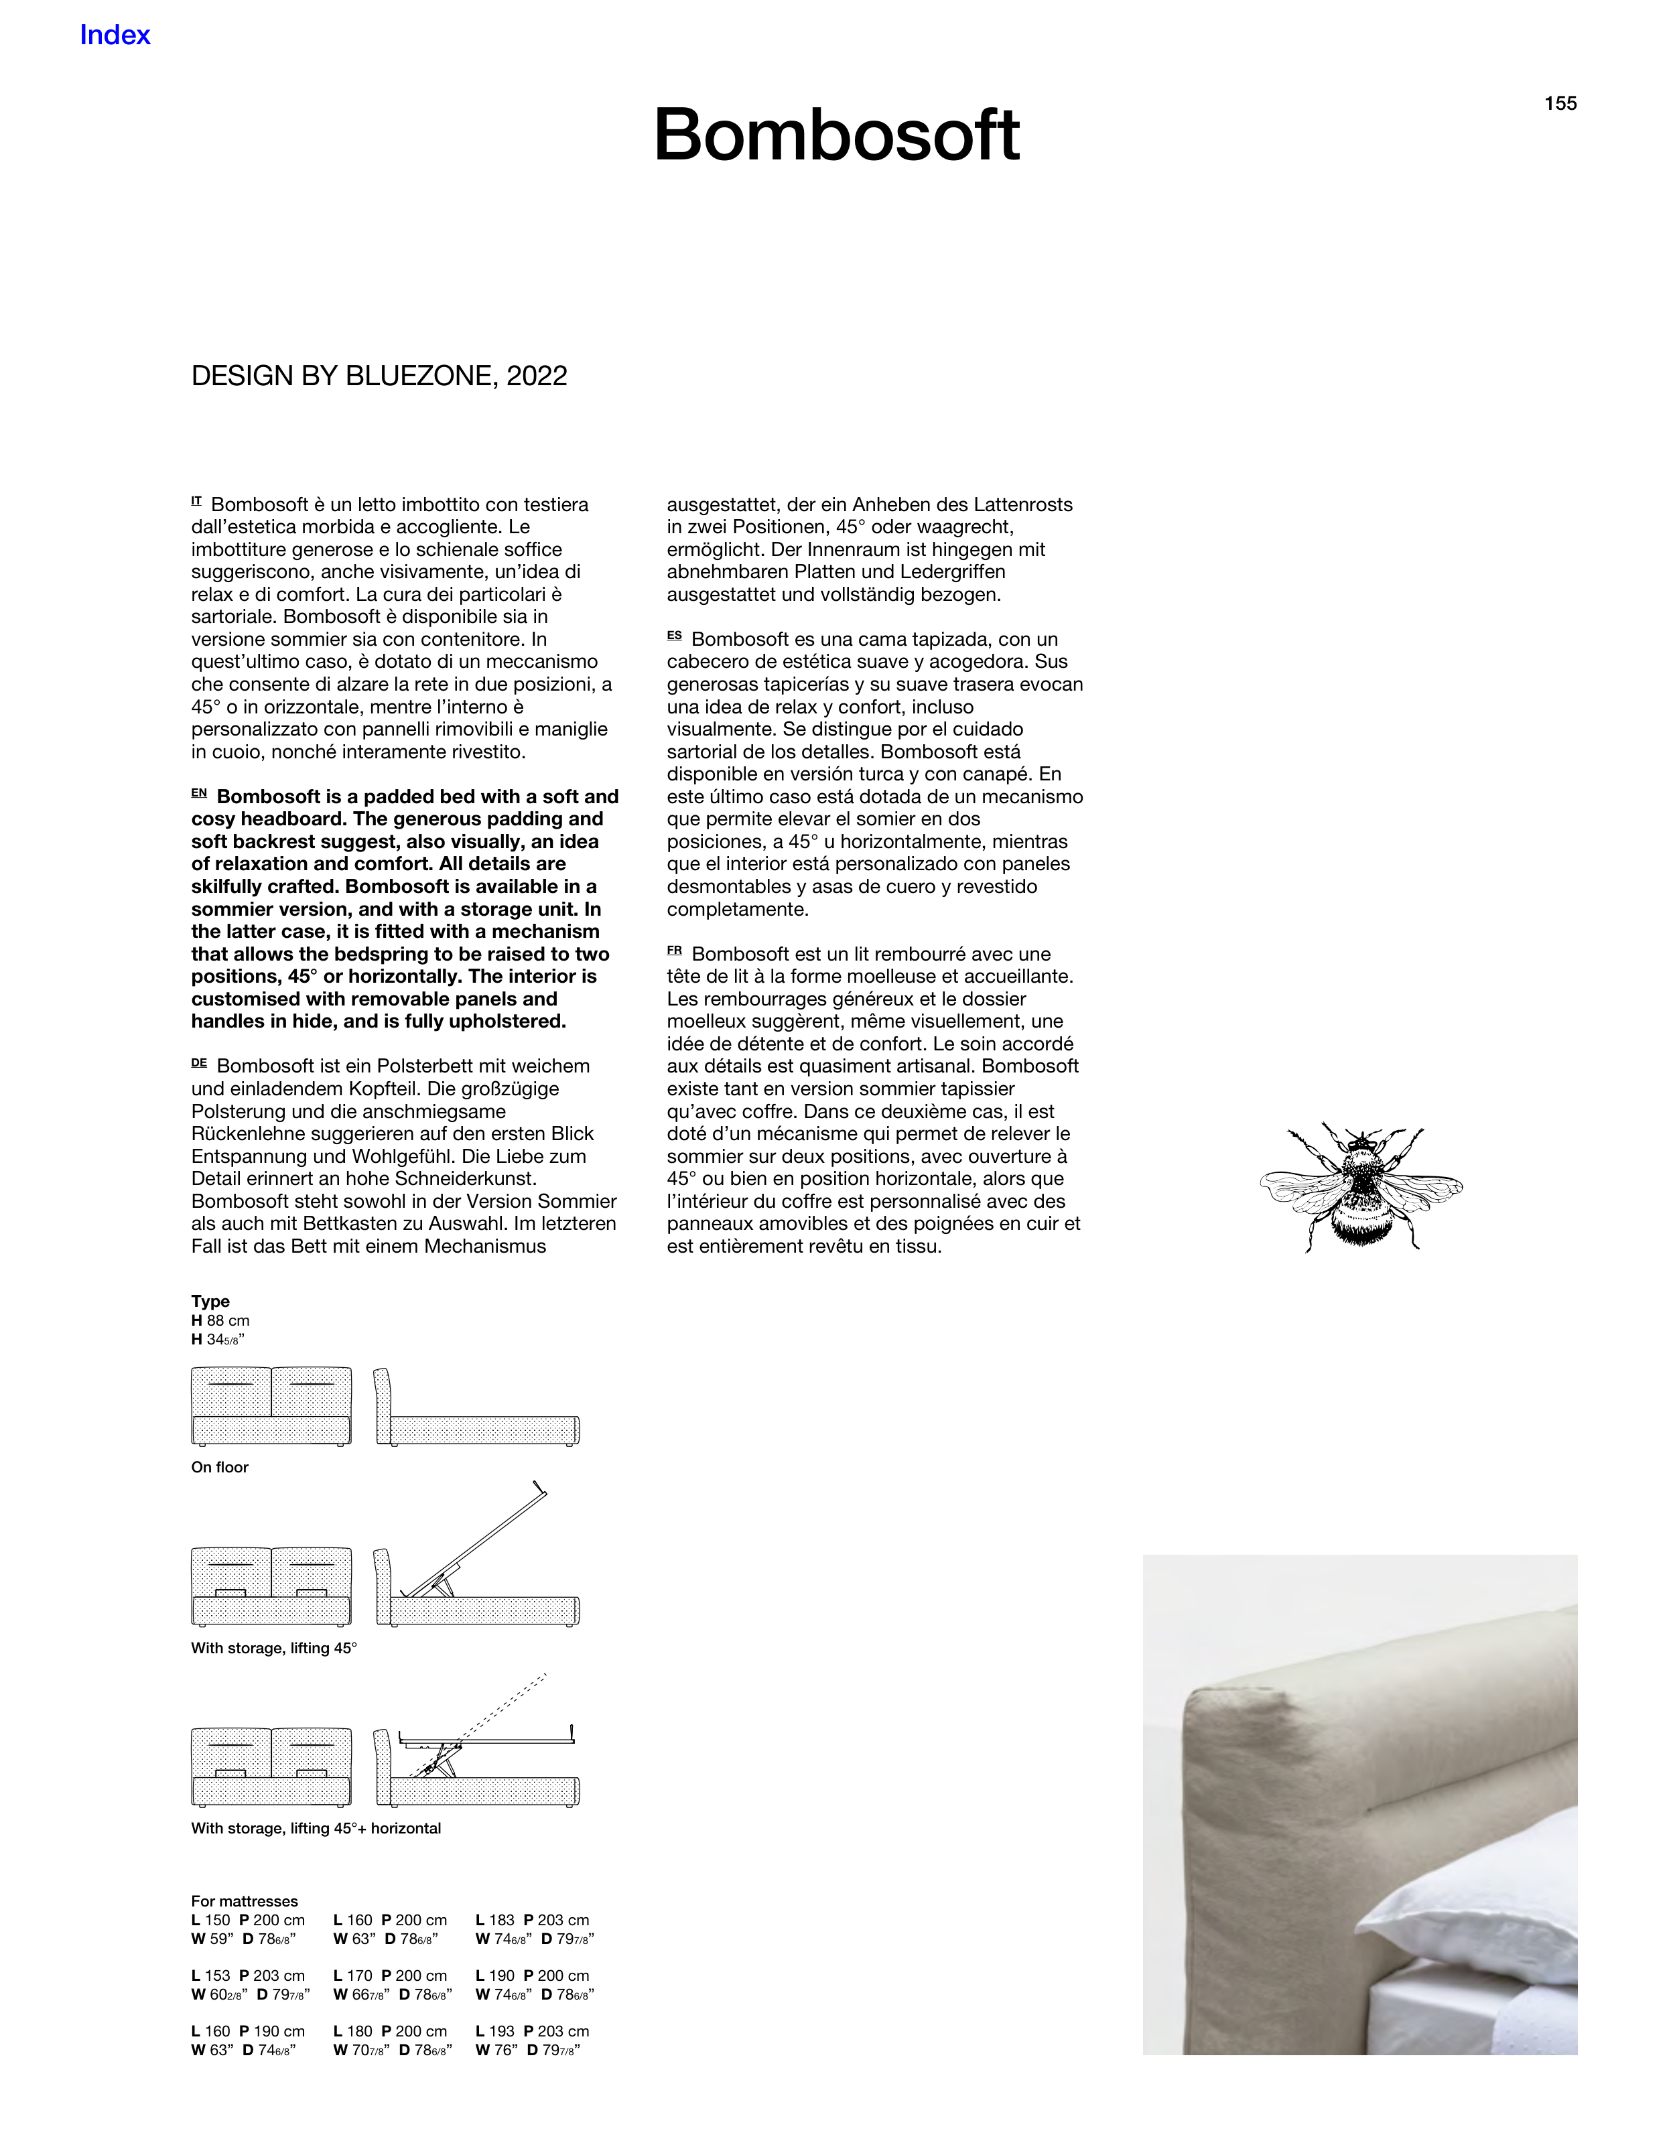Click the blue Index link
coord(115,36)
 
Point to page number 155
coord(1560,103)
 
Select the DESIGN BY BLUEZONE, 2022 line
coord(379,376)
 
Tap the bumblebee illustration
coord(1361,1187)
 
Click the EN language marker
coord(199,794)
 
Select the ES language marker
coord(674,637)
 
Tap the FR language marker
coord(674,951)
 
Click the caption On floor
coord(220,1468)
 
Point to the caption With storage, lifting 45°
coord(274,1649)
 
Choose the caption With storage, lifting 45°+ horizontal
coord(316,1829)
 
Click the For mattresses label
coord(245,1902)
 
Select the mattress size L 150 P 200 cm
coord(249,1921)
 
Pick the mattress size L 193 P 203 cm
coord(532,2032)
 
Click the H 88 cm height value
coord(220,1321)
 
